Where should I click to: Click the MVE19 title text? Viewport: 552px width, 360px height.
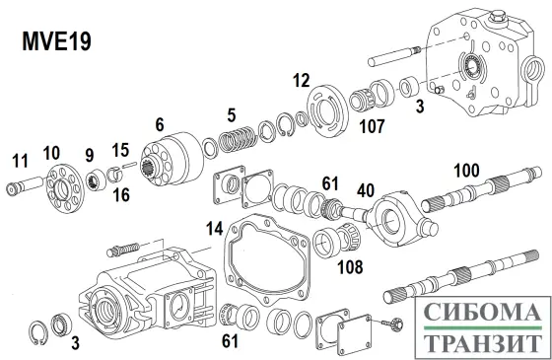[x=57, y=41]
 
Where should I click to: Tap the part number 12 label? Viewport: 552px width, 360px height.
[x=302, y=80]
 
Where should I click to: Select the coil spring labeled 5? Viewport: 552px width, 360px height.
[x=237, y=139]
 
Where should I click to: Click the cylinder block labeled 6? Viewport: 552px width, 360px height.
[x=172, y=159]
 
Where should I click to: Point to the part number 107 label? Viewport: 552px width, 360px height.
[x=373, y=126]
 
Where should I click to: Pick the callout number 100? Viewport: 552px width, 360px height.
[x=466, y=171]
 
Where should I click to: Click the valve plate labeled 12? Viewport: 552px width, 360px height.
[x=328, y=110]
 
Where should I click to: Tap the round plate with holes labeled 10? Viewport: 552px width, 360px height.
[x=65, y=188]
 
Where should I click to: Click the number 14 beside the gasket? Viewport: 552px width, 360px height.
[x=215, y=229]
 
